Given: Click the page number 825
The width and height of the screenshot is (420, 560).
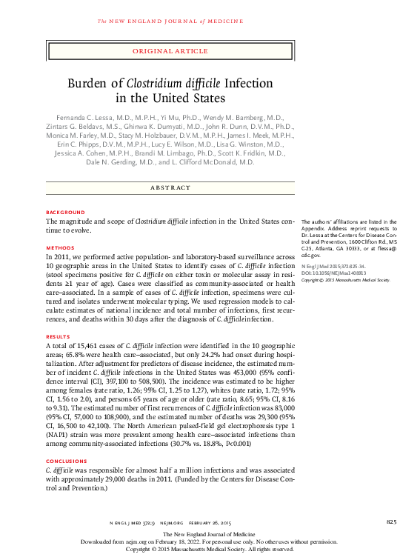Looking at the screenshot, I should (392, 522).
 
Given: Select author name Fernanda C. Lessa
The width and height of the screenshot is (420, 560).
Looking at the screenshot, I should (94, 118).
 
